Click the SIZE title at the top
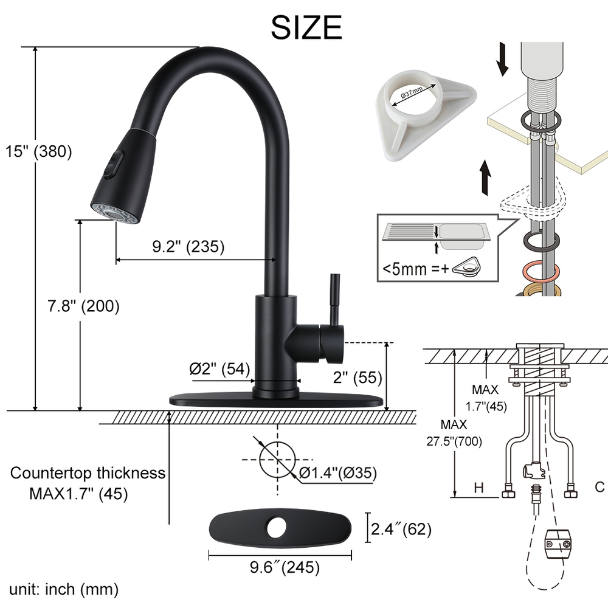[306, 27]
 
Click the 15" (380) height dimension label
[39, 151]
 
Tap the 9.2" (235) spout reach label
[188, 246]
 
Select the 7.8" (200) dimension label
[83, 306]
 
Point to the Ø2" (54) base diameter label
[219, 369]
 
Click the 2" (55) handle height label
[358, 377]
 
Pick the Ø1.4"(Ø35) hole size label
[337, 472]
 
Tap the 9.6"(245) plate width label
[285, 567]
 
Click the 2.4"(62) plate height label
[401, 529]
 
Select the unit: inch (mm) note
[64, 589]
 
